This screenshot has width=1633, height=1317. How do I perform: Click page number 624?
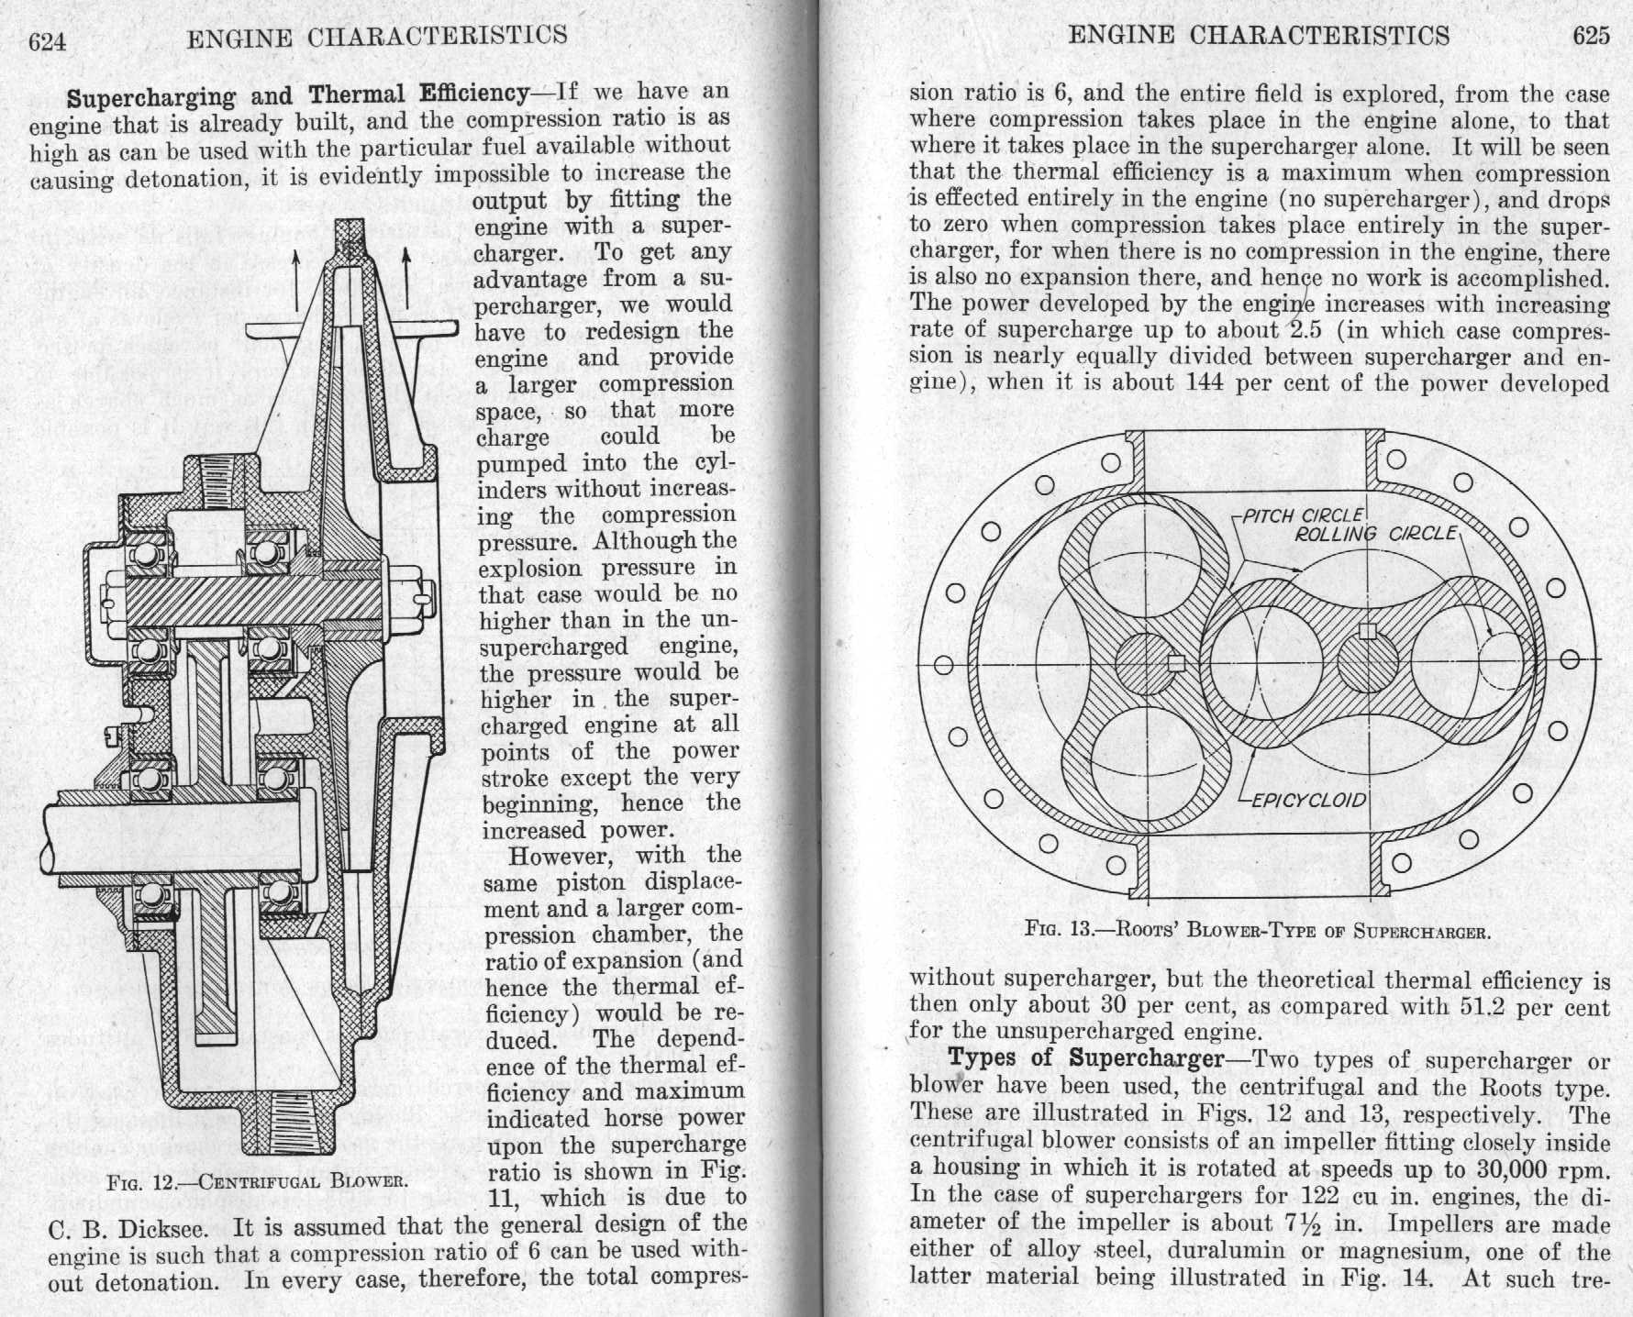(x=48, y=41)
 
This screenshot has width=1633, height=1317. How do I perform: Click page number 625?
(x=1590, y=36)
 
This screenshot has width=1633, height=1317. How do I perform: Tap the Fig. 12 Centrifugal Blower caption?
(x=256, y=1179)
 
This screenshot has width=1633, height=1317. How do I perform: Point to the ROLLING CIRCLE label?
(x=1374, y=533)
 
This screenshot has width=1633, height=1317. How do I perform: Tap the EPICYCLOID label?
(x=1308, y=800)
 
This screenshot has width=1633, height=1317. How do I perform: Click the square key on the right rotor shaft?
(x=1368, y=631)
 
